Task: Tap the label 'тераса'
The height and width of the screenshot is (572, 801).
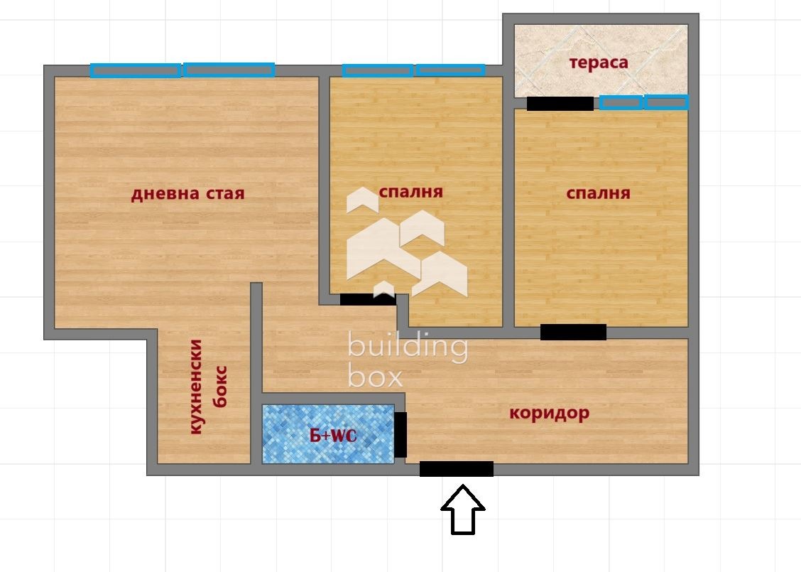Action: (599, 63)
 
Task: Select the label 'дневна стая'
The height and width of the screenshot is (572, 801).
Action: (187, 194)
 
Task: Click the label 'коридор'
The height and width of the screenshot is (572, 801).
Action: (550, 413)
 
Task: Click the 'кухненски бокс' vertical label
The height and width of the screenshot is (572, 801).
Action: (209, 387)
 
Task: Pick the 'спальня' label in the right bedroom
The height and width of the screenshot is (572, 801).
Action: (599, 193)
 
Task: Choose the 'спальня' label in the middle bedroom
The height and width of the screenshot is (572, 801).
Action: (411, 192)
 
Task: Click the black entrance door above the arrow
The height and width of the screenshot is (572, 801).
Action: (457, 469)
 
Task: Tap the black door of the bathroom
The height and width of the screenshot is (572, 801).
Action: (400, 434)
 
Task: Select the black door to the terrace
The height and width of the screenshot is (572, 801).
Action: (560, 104)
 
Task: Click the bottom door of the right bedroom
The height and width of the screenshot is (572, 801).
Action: (573, 332)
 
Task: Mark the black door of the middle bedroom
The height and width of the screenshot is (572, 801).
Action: (368, 299)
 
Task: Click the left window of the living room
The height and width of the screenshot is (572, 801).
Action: (135, 70)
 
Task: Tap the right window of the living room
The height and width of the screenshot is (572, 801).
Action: (229, 70)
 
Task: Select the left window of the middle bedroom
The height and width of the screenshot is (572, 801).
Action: (378, 70)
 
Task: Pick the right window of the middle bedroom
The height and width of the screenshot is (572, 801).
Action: (450, 70)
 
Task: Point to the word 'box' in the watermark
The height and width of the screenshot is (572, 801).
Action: (375, 377)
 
